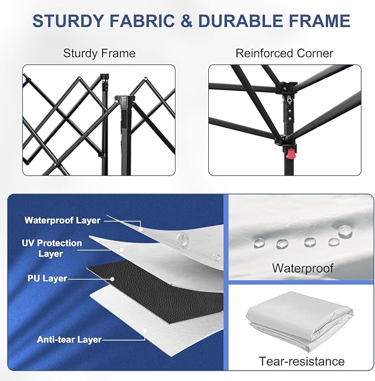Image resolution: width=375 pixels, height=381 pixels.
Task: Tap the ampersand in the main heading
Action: pyautogui.click(x=186, y=21)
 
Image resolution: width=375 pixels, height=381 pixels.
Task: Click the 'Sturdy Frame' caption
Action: pyautogui.click(x=99, y=53)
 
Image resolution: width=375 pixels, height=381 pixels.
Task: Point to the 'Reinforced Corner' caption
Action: pyautogui.click(x=284, y=53)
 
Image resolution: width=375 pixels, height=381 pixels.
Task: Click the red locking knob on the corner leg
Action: pyautogui.click(x=291, y=154)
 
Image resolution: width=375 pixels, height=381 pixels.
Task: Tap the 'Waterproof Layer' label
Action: pyautogui.click(x=62, y=221)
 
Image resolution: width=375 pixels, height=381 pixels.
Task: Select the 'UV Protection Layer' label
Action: pyautogui.click(x=52, y=248)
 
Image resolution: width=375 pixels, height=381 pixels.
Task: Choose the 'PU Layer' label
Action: pyautogui.click(x=47, y=278)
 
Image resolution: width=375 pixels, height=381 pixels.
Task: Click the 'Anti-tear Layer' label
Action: pyautogui.click(x=69, y=340)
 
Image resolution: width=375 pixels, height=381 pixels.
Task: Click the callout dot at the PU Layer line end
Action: pyautogui.click(x=112, y=279)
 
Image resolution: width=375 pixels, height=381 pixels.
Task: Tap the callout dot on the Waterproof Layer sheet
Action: pyautogui.click(x=140, y=229)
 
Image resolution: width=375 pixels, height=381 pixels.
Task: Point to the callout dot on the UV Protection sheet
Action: pyautogui.click(x=122, y=250)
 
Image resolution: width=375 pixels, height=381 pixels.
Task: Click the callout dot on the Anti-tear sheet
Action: pyautogui.click(x=145, y=330)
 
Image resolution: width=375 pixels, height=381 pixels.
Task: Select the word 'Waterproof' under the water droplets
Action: pyautogui.click(x=303, y=269)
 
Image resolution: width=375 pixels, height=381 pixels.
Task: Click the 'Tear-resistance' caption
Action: pyautogui.click(x=302, y=361)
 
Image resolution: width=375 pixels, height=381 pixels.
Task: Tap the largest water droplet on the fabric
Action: pyautogui.click(x=345, y=232)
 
